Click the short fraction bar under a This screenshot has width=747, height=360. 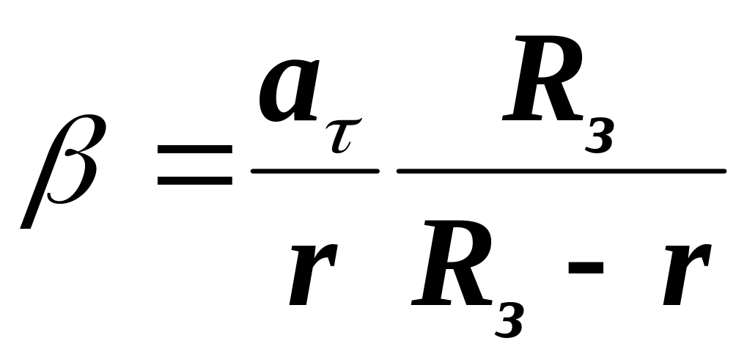pos(315,171)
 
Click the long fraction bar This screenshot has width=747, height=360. pos(561,171)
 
